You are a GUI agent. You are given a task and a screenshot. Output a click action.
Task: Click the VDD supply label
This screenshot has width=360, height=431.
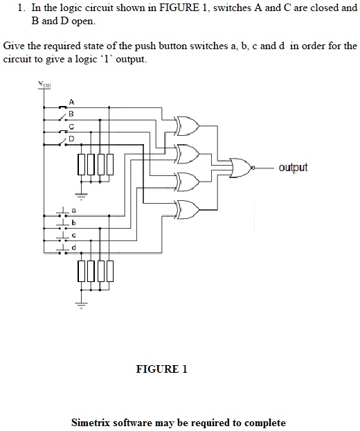tap(44, 86)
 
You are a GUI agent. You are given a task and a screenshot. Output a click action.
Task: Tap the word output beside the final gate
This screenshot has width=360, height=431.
tap(293, 168)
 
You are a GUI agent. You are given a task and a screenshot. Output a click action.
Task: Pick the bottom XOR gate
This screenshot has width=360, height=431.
tap(187, 206)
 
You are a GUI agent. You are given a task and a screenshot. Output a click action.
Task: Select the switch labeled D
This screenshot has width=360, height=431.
tap(64, 144)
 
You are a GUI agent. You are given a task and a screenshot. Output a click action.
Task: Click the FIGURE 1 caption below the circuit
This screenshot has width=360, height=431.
tap(161, 369)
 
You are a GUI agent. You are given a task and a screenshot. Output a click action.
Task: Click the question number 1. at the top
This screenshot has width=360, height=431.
tap(22, 9)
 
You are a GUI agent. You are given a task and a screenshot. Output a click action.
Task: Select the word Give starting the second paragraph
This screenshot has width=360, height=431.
tap(15, 46)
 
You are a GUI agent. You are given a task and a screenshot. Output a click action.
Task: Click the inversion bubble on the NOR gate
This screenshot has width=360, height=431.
tap(255, 168)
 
